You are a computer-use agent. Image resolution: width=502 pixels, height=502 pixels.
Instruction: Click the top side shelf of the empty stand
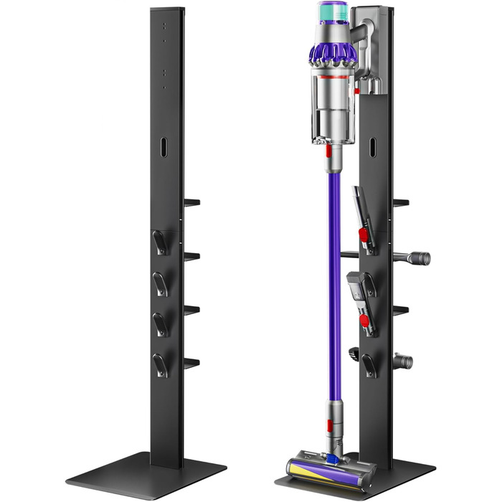191,203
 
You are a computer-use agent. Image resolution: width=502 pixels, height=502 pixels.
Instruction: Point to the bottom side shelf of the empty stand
191,363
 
